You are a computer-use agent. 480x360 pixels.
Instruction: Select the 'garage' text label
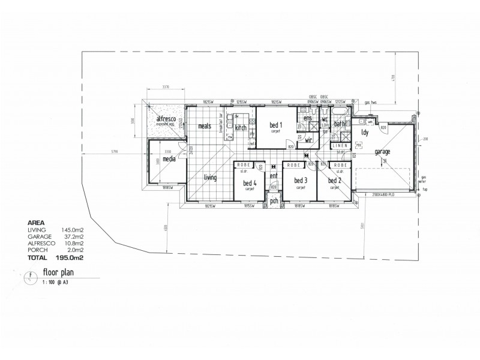tap(382, 152)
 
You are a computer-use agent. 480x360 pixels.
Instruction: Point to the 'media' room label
tap(169, 159)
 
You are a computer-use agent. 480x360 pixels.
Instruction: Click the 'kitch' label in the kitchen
tap(241, 128)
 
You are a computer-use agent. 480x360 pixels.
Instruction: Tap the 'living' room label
tap(210, 177)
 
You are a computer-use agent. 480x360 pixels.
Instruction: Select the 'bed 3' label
tap(301, 181)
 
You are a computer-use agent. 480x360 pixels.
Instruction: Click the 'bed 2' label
tap(335, 181)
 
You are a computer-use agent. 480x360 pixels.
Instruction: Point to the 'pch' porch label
tap(274, 201)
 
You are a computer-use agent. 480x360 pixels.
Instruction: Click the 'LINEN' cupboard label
tap(340, 146)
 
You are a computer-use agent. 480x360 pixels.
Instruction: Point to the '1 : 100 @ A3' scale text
tap(55, 281)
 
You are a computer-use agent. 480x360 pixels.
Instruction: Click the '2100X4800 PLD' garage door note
tap(383, 196)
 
